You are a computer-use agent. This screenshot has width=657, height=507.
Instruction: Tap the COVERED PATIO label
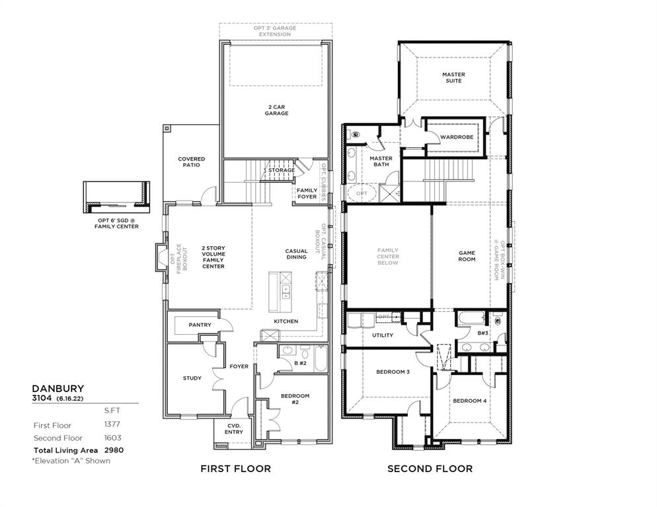point(191,162)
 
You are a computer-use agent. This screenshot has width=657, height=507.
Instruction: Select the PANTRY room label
point(200,325)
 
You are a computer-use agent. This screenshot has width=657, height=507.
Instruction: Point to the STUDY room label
point(192,378)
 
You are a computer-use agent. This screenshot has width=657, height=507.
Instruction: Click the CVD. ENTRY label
point(233,429)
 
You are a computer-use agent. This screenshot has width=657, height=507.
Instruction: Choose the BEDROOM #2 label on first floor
point(295,399)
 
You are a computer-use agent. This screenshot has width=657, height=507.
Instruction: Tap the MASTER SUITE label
point(453,78)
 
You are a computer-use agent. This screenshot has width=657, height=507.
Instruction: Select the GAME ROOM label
point(467,256)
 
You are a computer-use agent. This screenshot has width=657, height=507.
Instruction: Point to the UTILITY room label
point(382,335)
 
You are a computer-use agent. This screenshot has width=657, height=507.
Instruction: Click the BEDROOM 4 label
point(469,401)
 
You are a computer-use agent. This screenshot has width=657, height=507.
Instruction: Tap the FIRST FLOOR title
point(235,469)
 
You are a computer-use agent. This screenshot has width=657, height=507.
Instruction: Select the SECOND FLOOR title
point(430,469)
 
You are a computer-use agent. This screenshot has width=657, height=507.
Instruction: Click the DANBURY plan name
point(58,389)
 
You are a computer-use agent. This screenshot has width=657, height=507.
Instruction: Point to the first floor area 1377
point(112,425)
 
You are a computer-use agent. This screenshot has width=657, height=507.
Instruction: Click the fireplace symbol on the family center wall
point(160,258)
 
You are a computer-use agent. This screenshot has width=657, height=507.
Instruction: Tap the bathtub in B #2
point(320,359)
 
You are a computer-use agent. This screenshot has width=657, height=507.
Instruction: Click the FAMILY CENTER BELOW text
point(388,256)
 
